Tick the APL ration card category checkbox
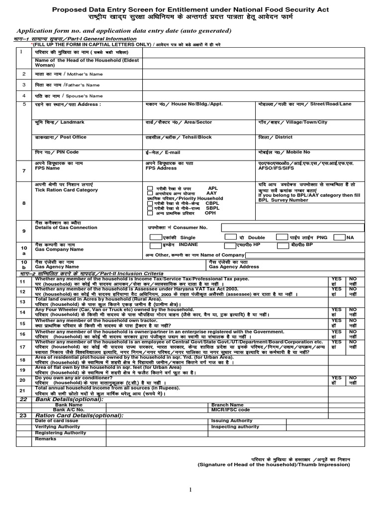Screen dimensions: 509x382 150,189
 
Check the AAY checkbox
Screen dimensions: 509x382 150,193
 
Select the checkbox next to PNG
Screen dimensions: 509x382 340,238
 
